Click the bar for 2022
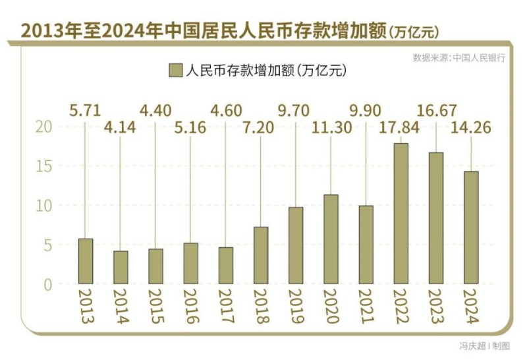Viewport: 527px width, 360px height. [400, 214]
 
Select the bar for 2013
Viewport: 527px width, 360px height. [85, 261]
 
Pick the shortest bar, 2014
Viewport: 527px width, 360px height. [121, 267]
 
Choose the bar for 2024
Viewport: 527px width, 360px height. [470, 227]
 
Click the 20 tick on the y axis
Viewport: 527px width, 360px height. [43, 127]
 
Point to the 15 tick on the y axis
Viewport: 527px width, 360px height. [43, 166]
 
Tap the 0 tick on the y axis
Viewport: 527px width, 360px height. [47, 285]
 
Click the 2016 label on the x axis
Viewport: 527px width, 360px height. [190, 307]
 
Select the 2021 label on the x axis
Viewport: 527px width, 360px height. [366, 307]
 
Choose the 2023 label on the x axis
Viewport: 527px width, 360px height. [435, 307]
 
